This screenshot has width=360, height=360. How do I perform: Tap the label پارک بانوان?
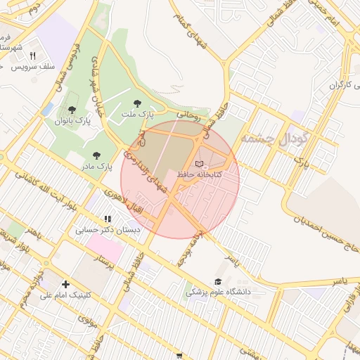[x=73, y=120]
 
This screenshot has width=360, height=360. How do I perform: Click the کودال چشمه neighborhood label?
[x=274, y=137]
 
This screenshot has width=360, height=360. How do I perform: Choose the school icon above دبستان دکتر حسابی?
[x=108, y=219]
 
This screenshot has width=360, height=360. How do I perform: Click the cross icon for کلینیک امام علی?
[x=66, y=284]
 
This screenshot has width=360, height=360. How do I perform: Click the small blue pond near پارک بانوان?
[x=47, y=109]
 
